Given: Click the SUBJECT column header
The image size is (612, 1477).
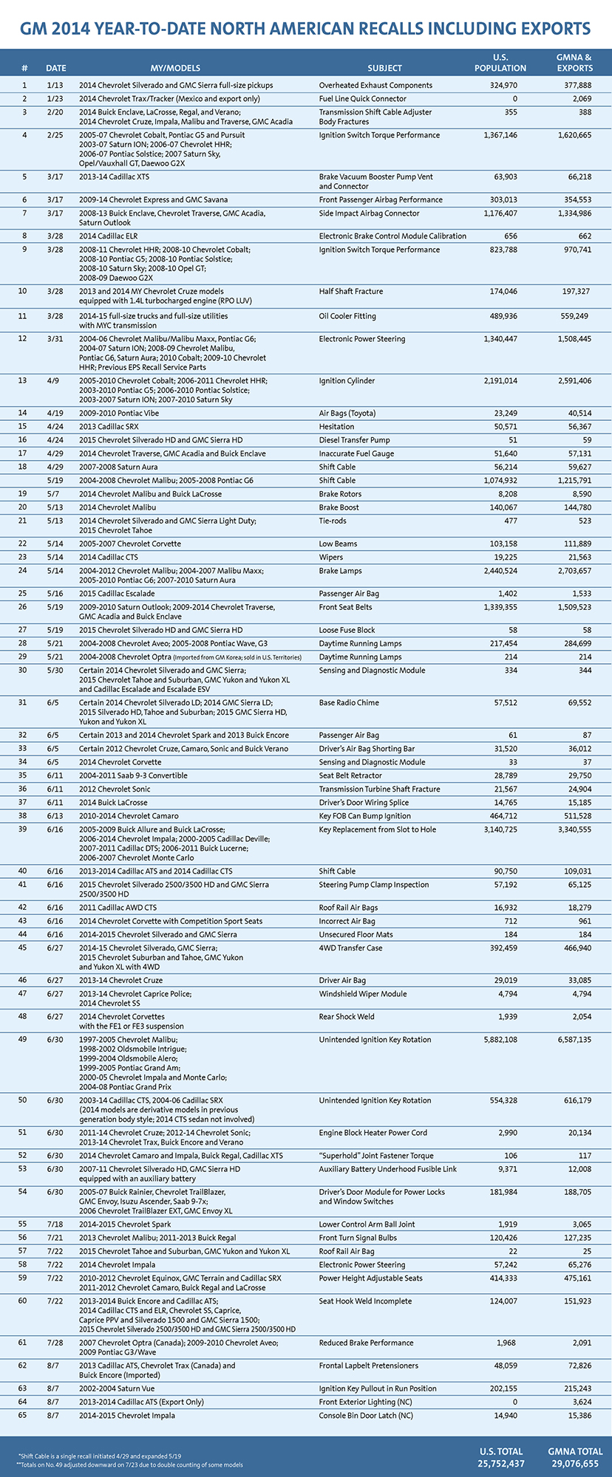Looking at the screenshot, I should pyautogui.click(x=384, y=68).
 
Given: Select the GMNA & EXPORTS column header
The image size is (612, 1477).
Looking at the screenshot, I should pyautogui.click(x=574, y=63).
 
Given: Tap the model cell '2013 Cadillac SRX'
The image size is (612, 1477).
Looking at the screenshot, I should pyautogui.click(x=109, y=427).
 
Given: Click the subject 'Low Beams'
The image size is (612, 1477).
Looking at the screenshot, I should pyautogui.click(x=338, y=544).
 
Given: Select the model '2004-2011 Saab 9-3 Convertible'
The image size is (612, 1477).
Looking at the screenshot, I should pyautogui.click(x=133, y=775).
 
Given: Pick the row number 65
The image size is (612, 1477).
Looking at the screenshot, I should pyautogui.click(x=22, y=1416).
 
